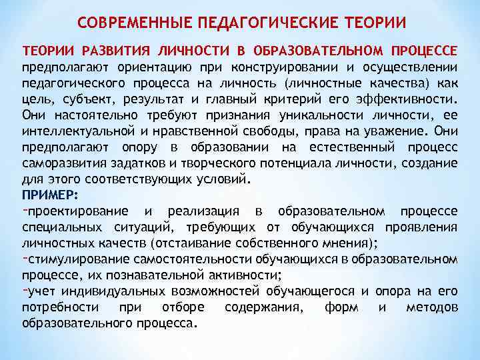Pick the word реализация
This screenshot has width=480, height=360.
[203, 212]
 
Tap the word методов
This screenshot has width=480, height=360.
[431, 307]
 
